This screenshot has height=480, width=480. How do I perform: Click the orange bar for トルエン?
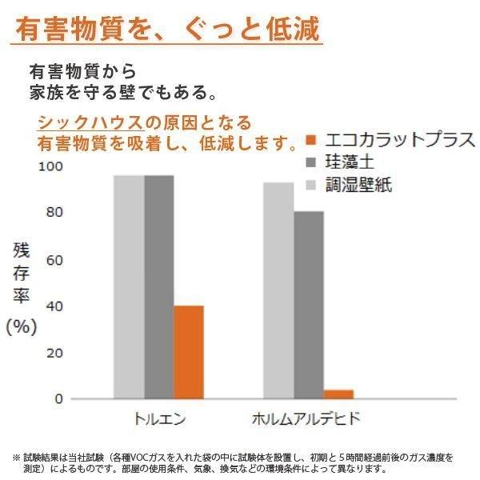click(x=188, y=351)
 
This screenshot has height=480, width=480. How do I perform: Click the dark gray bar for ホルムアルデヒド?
click(x=309, y=304)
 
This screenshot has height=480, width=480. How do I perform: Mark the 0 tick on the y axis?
click(x=58, y=399)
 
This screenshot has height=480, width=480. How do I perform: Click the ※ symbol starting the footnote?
click(x=15, y=458)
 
